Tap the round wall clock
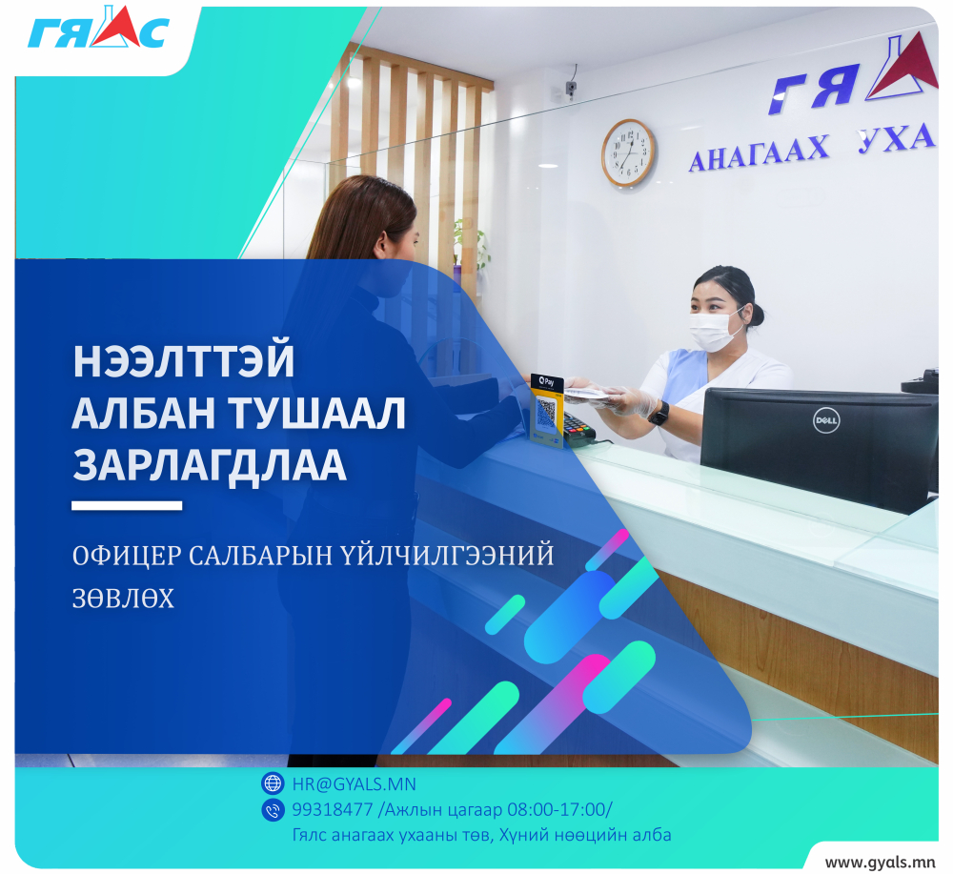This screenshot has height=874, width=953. tap(628, 153)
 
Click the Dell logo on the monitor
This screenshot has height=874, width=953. tap(826, 420)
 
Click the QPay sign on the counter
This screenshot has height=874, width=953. tap(547, 410)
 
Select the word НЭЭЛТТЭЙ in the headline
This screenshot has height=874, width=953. tap(184, 361)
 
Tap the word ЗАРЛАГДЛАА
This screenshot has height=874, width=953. tap(210, 466)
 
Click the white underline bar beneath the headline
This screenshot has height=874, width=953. tap(127, 506)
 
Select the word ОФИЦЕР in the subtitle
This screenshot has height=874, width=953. tap(127, 556)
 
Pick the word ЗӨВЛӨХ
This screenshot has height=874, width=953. tap(123, 599)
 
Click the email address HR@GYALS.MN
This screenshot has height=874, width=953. tap(354, 784)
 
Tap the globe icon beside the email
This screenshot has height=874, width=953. tap(273, 783)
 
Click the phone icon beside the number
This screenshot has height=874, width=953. tap(273, 809)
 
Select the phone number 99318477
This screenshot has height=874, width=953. tap(332, 809)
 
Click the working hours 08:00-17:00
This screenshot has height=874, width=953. tap(558, 809)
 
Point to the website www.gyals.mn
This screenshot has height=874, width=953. tap(880, 863)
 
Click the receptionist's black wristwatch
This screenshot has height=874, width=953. tap(659, 414)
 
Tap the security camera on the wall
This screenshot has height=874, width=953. tap(571, 89)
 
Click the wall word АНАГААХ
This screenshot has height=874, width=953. tap(759, 152)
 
